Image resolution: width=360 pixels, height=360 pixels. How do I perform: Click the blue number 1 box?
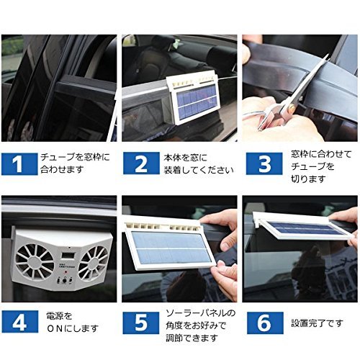tap(19, 164)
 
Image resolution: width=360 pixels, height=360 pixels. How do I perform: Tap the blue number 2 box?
tap(141, 163)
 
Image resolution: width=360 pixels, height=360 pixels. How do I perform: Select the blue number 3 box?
tap(264, 163)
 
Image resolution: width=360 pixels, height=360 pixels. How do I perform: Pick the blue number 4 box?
tap(19, 322)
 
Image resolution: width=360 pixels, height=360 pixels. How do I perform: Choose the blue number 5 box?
tap(141, 323)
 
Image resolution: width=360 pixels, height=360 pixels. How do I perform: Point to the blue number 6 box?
tap(265, 323)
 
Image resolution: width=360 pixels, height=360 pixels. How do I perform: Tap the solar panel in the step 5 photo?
tap(171, 248)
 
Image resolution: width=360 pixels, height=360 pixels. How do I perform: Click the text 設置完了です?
tap(318, 323)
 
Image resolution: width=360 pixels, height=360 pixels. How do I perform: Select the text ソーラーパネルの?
tap(201, 313)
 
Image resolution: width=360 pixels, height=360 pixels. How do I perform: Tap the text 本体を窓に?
tap(185, 158)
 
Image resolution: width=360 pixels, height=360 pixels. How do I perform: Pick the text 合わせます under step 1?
tap(62, 170)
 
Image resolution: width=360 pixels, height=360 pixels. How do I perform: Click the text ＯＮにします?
tap(73, 328)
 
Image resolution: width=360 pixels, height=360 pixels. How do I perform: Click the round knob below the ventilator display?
tap(64, 281)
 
